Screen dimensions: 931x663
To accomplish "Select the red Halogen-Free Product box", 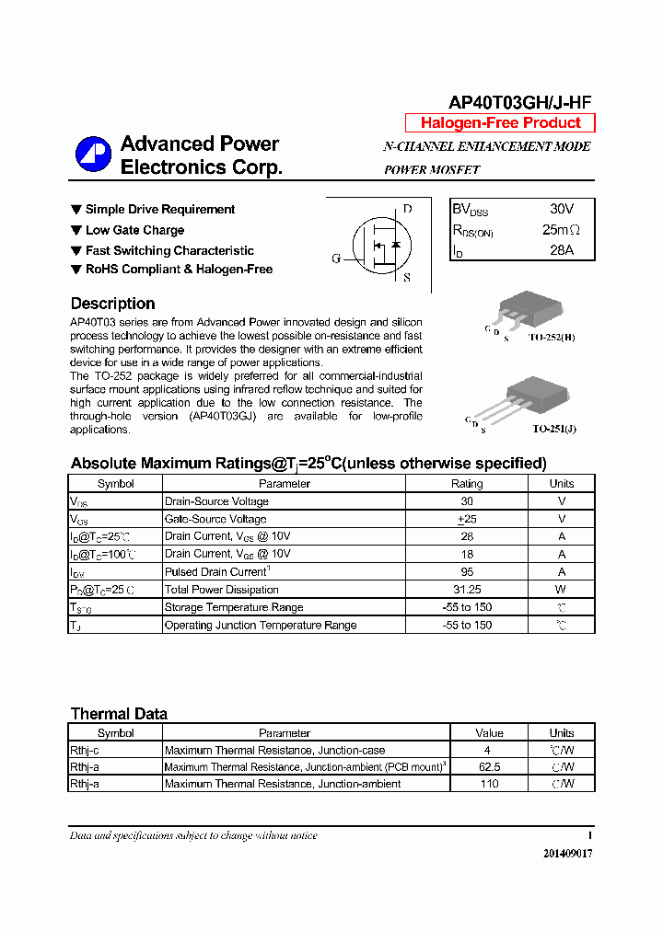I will [x=500, y=123].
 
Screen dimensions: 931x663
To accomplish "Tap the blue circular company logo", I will [x=92, y=154].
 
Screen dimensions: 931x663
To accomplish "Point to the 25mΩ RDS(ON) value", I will [x=561, y=230].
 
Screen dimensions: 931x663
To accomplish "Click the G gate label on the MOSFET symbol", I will [x=336, y=259].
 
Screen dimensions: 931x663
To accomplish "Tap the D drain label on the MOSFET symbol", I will [x=407, y=209].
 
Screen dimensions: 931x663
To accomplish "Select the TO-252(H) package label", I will [x=552, y=338].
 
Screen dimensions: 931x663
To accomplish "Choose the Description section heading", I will [x=112, y=304].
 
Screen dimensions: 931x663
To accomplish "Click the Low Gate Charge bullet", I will [x=134, y=230].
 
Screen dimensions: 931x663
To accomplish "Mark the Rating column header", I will [x=466, y=483].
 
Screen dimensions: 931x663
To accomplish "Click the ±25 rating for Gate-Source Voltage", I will [x=466, y=519].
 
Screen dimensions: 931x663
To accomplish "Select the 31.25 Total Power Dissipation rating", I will [x=466, y=590].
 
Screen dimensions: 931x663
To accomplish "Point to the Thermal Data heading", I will [x=119, y=714].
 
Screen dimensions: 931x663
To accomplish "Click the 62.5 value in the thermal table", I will [x=489, y=767].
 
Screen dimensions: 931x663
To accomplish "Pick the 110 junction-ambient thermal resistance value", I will [x=489, y=784].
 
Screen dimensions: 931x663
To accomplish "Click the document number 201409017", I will [x=567, y=854].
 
